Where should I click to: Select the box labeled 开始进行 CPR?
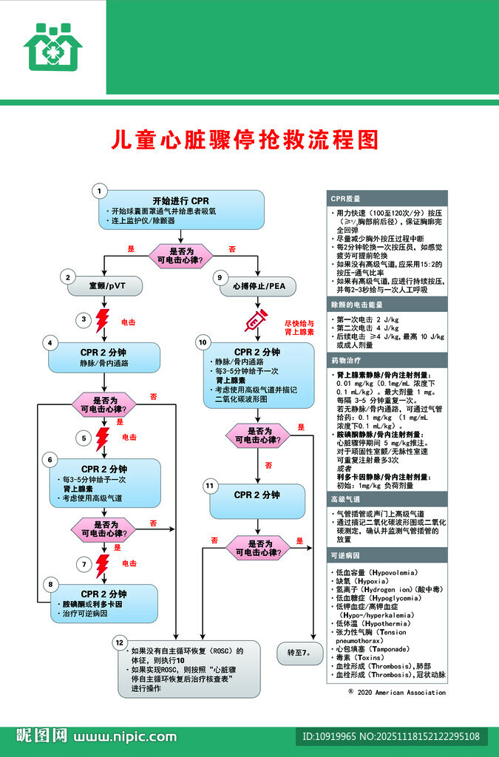(180, 210)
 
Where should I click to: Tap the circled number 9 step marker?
(220, 277)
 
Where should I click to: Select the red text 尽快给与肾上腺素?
(299, 328)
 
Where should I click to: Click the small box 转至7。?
(299, 654)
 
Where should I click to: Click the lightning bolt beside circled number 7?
(103, 564)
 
